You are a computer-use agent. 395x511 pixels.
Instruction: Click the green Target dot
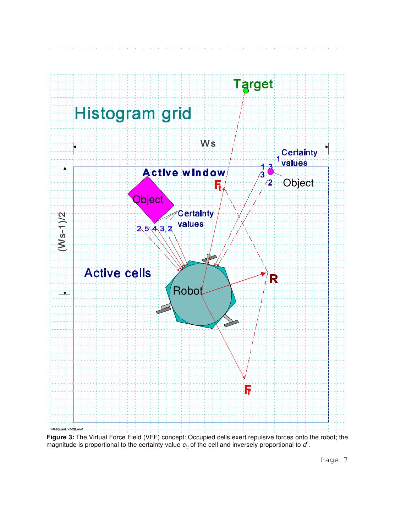246,91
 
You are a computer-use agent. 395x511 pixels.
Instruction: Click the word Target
253,84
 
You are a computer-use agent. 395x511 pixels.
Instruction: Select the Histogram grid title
133,114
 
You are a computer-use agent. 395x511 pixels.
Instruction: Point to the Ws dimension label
208,143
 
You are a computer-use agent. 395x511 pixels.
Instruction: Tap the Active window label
184,173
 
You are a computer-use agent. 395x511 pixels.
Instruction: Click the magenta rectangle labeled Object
151,199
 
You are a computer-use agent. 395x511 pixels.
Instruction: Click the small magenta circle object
270,172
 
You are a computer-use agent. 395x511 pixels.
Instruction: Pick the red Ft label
218,185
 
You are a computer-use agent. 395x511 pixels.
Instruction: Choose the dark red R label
273,279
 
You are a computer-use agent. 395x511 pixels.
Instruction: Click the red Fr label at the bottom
248,390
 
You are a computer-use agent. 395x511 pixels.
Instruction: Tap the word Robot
187,291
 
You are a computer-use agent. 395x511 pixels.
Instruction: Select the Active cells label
117,273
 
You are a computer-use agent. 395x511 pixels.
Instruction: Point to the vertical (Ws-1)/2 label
62,232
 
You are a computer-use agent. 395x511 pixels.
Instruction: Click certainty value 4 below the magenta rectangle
155,229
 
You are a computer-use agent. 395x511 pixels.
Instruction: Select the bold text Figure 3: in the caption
60,437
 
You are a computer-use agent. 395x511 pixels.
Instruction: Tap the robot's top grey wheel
209,259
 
